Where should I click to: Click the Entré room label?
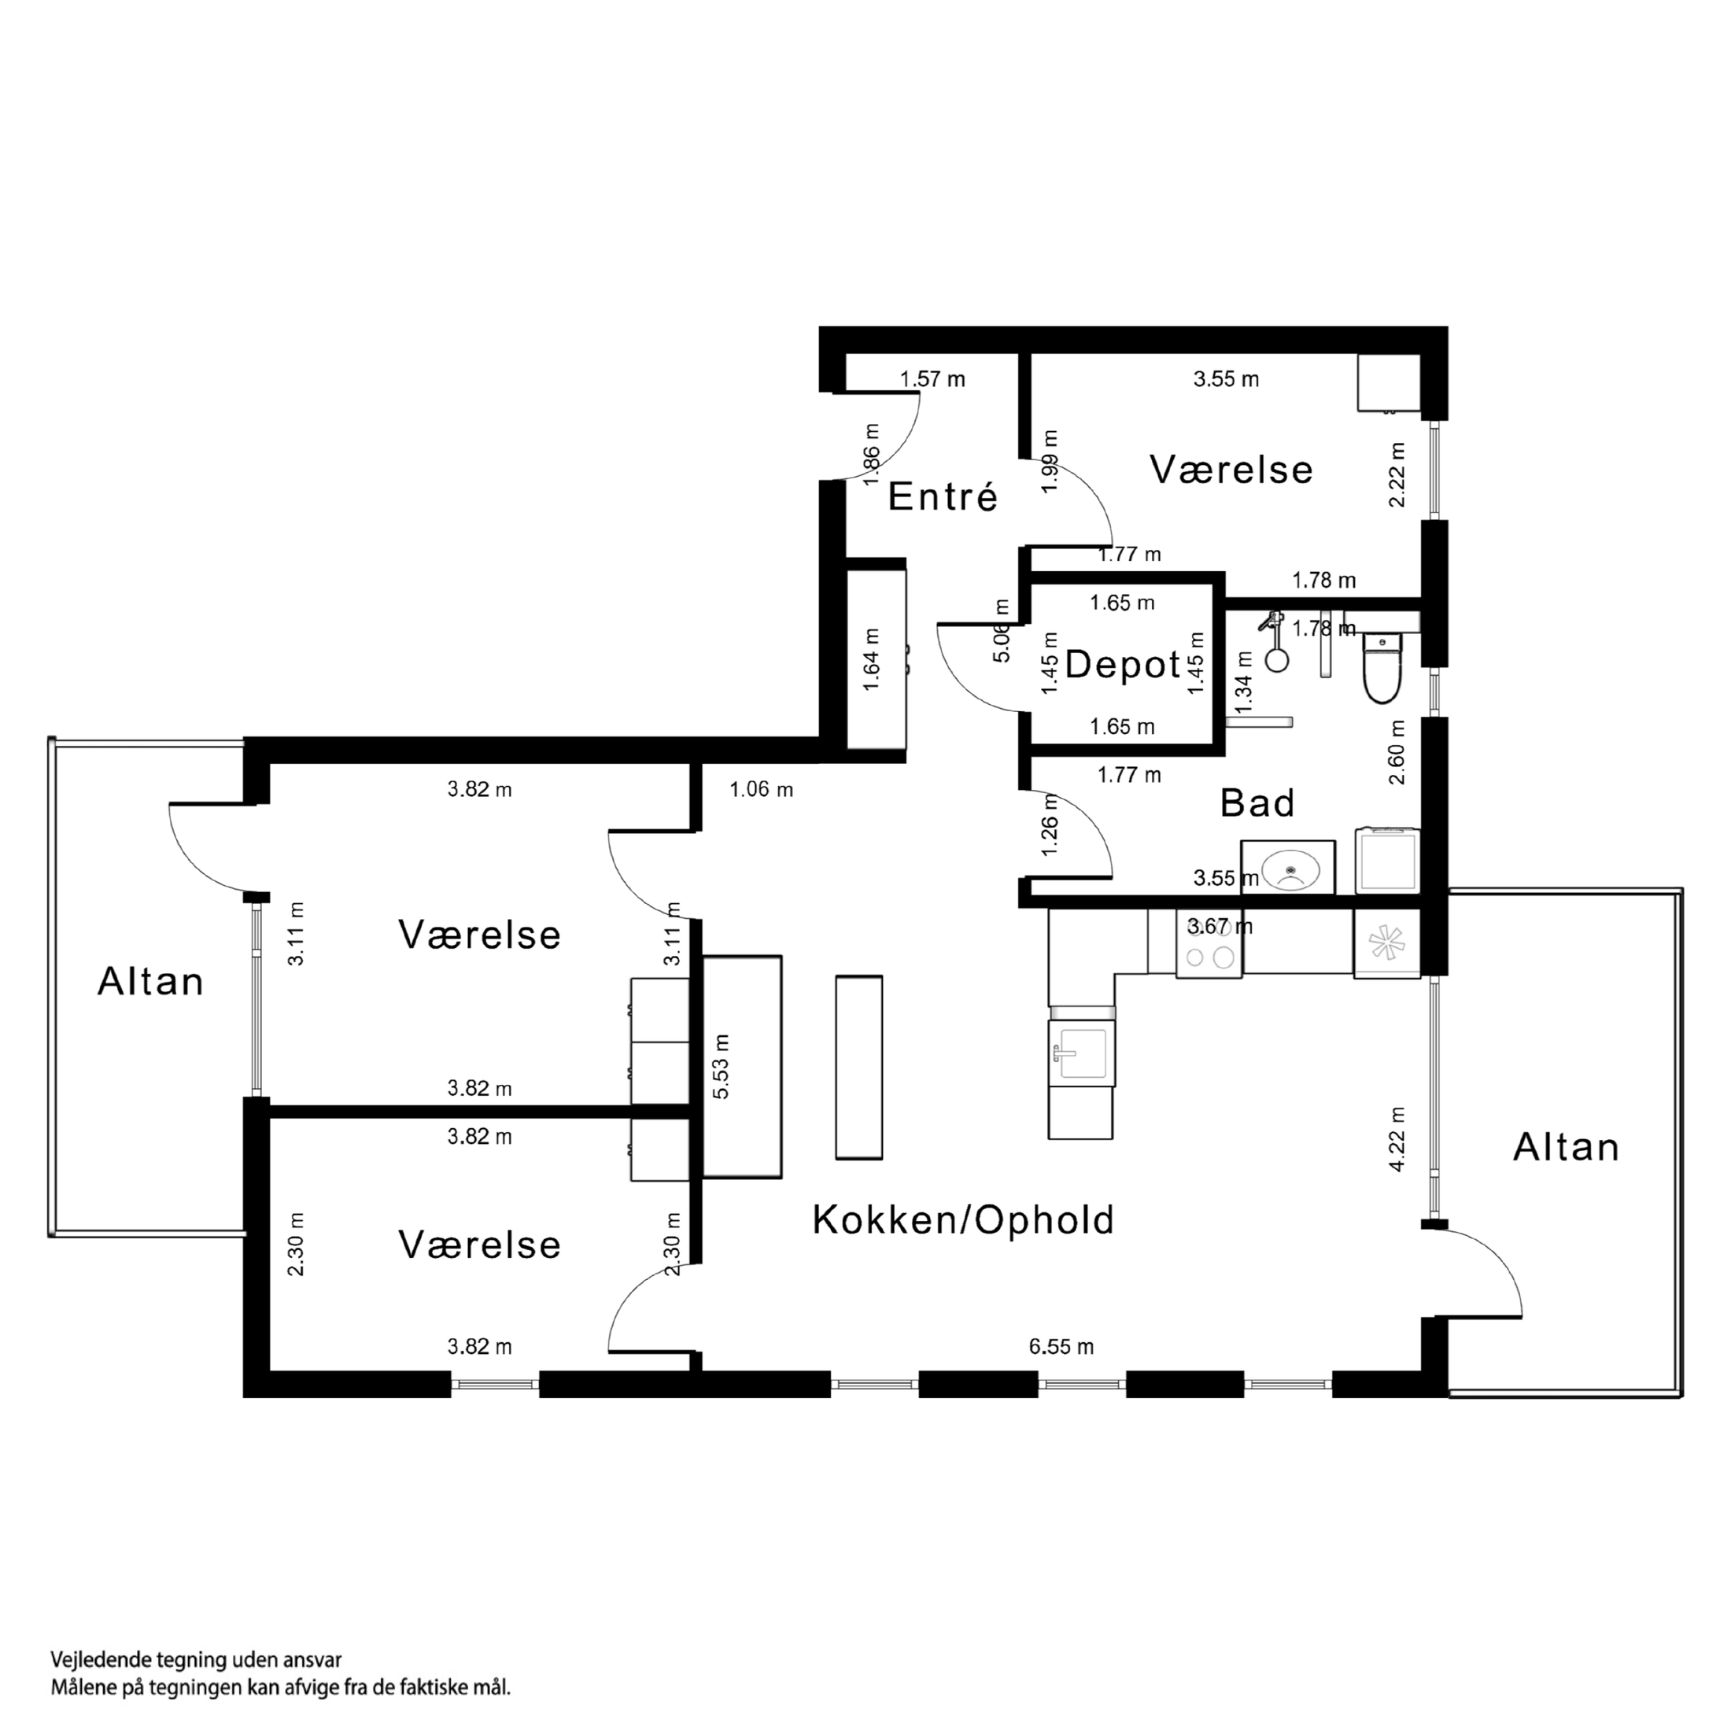click(943, 497)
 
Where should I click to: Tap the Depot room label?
click(1123, 665)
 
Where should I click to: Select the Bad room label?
click(1257, 803)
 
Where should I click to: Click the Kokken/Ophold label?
click(963, 1221)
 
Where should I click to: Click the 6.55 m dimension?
click(1061, 1347)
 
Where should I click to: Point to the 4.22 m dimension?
click(1397, 1138)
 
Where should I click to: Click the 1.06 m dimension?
click(761, 790)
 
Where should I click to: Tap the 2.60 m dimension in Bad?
click(1397, 753)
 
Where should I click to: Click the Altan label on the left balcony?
click(150, 982)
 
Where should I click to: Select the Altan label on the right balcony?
click(1566, 1148)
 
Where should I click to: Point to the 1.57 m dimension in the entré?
click(932, 379)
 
